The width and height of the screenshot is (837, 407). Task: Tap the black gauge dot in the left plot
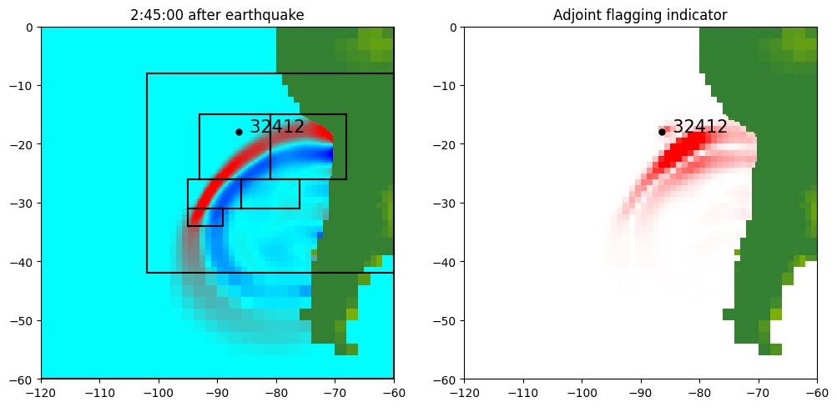tap(239, 132)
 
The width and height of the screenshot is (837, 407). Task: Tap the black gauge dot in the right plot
tap(662, 132)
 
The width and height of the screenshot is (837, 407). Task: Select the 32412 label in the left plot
tap(277, 127)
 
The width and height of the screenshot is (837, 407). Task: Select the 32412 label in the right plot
tap(700, 127)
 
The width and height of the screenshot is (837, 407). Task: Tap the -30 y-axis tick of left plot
tap(23, 203)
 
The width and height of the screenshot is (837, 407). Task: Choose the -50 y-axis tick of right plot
tap(446, 320)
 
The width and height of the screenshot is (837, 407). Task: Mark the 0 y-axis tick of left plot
tap(30, 27)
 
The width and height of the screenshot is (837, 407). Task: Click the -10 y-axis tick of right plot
tap(446, 85)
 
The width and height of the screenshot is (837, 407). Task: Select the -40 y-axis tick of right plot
tap(446, 262)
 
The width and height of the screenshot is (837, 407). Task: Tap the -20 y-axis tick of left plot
tap(23, 144)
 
